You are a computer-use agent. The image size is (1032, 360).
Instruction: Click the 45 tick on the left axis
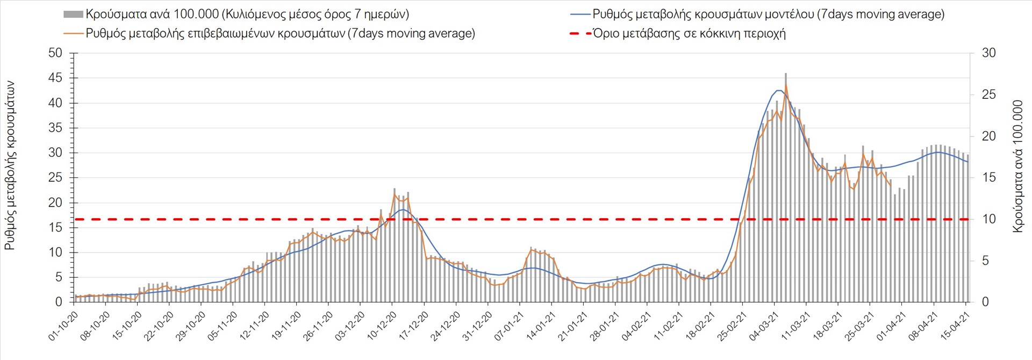click(x=55, y=78)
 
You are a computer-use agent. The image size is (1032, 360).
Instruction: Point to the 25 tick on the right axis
click(x=989, y=95)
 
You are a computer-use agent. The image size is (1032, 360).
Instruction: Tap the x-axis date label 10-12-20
click(x=383, y=326)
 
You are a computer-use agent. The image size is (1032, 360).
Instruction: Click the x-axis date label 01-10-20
click(x=64, y=326)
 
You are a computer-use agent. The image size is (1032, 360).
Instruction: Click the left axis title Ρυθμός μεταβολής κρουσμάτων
click(x=10, y=165)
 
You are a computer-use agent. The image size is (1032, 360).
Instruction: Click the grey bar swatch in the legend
click(x=73, y=15)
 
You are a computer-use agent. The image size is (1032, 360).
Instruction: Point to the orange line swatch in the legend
click(x=74, y=33)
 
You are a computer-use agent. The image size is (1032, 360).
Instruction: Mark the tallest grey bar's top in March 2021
click(x=786, y=74)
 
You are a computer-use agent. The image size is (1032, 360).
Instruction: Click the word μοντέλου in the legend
click(x=786, y=15)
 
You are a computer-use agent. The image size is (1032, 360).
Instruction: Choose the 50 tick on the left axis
click(x=55, y=53)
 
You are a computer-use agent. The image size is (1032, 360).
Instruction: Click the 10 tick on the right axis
click(x=989, y=219)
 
